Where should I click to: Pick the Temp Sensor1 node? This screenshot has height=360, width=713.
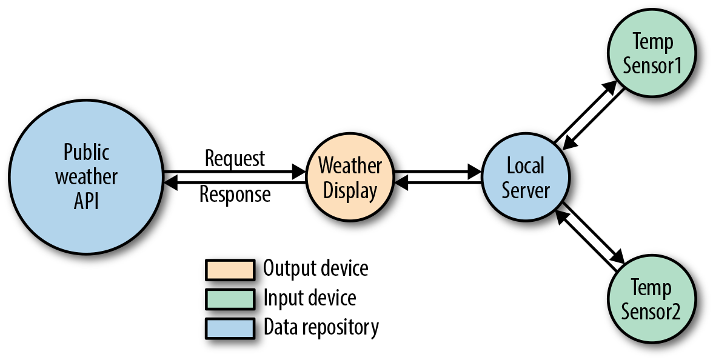[x=652, y=53]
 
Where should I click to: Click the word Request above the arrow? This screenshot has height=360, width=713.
[x=235, y=159]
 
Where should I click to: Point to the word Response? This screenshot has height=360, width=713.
[x=235, y=195]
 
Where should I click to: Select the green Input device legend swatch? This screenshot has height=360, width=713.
[x=229, y=299]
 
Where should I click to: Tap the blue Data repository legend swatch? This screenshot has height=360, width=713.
[x=229, y=328]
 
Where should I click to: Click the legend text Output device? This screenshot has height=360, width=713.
[x=315, y=268]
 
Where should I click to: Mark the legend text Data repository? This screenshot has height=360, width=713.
[x=321, y=327]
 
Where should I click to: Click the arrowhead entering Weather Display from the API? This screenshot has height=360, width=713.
[x=300, y=172]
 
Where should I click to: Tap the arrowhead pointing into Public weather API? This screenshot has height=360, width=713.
[x=170, y=181]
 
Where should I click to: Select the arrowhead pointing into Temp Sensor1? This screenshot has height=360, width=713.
[x=612, y=86]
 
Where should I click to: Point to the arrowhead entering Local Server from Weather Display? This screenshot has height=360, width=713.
[x=475, y=172]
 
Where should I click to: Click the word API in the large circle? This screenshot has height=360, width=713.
[x=86, y=201]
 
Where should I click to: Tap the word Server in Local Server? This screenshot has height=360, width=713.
[x=525, y=190]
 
